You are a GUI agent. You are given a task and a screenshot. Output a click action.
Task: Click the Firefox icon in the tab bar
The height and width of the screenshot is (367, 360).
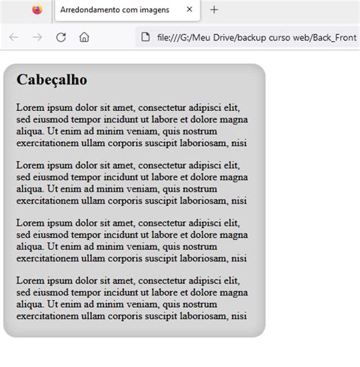pyautogui.click(x=36, y=10)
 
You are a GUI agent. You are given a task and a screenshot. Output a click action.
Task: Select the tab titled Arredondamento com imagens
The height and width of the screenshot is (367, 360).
pyautogui.click(x=114, y=10)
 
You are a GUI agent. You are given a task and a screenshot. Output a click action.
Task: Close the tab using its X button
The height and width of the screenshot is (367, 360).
pyautogui.click(x=189, y=10)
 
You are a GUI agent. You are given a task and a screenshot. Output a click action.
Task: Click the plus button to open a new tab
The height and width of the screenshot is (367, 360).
pyautogui.click(x=214, y=10)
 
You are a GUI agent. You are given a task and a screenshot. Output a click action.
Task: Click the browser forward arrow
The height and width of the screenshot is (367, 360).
pyautogui.click(x=37, y=37)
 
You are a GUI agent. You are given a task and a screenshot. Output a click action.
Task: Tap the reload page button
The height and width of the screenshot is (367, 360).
pyautogui.click(x=61, y=37)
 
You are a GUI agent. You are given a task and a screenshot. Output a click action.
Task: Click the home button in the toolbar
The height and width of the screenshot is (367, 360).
pyautogui.click(x=84, y=37)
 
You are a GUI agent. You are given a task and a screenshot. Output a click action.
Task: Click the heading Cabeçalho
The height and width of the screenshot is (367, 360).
pyautogui.click(x=52, y=80)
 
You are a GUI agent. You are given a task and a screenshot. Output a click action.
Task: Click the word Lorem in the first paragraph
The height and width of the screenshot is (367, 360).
pyautogui.click(x=30, y=108)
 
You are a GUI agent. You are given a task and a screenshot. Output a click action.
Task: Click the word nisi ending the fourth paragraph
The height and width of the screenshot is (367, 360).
pyautogui.click(x=238, y=315)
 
